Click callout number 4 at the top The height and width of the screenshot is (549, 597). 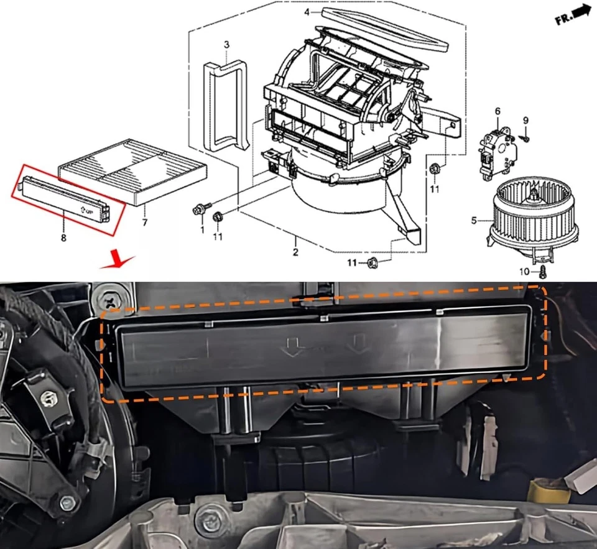[307, 12]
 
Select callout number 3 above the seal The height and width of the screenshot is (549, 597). [226, 45]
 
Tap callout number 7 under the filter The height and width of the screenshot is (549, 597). [145, 222]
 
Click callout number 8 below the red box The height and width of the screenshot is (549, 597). [63, 237]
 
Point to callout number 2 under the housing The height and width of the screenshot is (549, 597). [295, 252]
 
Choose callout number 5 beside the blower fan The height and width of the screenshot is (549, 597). [474, 220]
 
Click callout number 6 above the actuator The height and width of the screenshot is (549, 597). [497, 111]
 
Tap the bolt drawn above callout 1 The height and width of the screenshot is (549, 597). [200, 210]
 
